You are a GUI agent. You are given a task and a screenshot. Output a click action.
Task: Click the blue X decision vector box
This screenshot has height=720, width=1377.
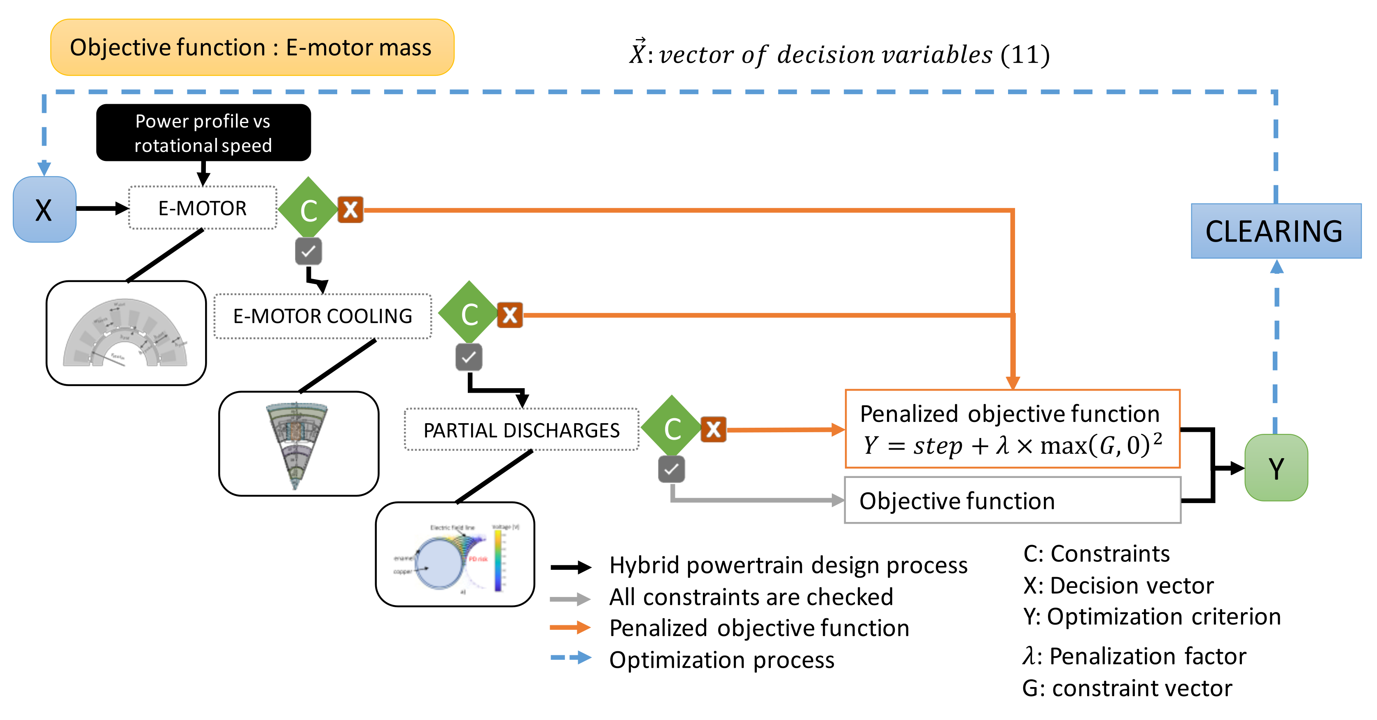pos(44,210)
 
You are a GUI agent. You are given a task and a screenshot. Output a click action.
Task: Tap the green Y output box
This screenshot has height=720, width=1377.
pos(1276,468)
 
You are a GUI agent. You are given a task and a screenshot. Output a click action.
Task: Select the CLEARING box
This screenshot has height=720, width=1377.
pos(1275,231)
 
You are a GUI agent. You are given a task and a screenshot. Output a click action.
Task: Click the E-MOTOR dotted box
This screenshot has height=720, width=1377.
pos(203,208)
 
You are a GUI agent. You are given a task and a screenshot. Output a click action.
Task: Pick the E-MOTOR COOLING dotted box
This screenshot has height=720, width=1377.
pos(322,316)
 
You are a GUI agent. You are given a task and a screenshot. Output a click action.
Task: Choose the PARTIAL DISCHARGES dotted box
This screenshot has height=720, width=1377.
pos(521,430)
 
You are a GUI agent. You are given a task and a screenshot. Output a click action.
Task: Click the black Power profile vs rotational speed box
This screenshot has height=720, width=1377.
pos(203,133)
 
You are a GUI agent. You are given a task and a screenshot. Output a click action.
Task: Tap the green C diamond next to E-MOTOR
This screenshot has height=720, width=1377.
pos(308,209)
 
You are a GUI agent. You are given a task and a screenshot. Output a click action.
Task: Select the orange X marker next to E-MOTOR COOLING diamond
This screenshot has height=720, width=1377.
pos(510,315)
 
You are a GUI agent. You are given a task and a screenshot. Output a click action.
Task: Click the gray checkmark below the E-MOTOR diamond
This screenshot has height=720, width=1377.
pos(308,251)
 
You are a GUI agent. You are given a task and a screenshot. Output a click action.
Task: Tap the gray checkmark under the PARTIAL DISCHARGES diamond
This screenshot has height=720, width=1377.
pos(671,469)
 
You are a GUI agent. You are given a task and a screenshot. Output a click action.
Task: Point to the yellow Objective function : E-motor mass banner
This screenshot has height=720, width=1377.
pos(252,48)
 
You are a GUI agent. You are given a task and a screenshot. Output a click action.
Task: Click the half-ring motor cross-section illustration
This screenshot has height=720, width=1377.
pos(126,333)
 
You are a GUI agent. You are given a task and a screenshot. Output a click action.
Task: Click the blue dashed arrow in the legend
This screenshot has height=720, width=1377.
pos(571,657)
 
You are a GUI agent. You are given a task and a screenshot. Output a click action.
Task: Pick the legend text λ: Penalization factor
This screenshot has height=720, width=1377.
pos(1134,656)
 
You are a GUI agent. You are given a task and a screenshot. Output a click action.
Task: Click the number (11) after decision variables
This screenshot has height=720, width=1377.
pos(1025,54)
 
